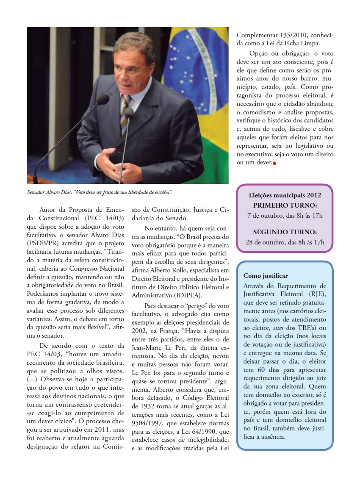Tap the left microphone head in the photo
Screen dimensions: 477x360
[102, 100]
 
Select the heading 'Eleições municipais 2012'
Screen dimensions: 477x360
[285, 195]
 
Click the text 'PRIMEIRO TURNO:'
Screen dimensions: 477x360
[285, 205]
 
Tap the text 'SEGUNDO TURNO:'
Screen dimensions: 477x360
[285, 232]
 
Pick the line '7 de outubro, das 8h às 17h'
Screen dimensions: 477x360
[285, 216]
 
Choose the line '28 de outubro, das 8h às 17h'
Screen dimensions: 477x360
[285, 242]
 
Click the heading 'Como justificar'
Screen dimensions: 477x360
[266, 276]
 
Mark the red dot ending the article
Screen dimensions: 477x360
[274, 163]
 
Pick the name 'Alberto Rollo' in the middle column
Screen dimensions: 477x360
[175, 270]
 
